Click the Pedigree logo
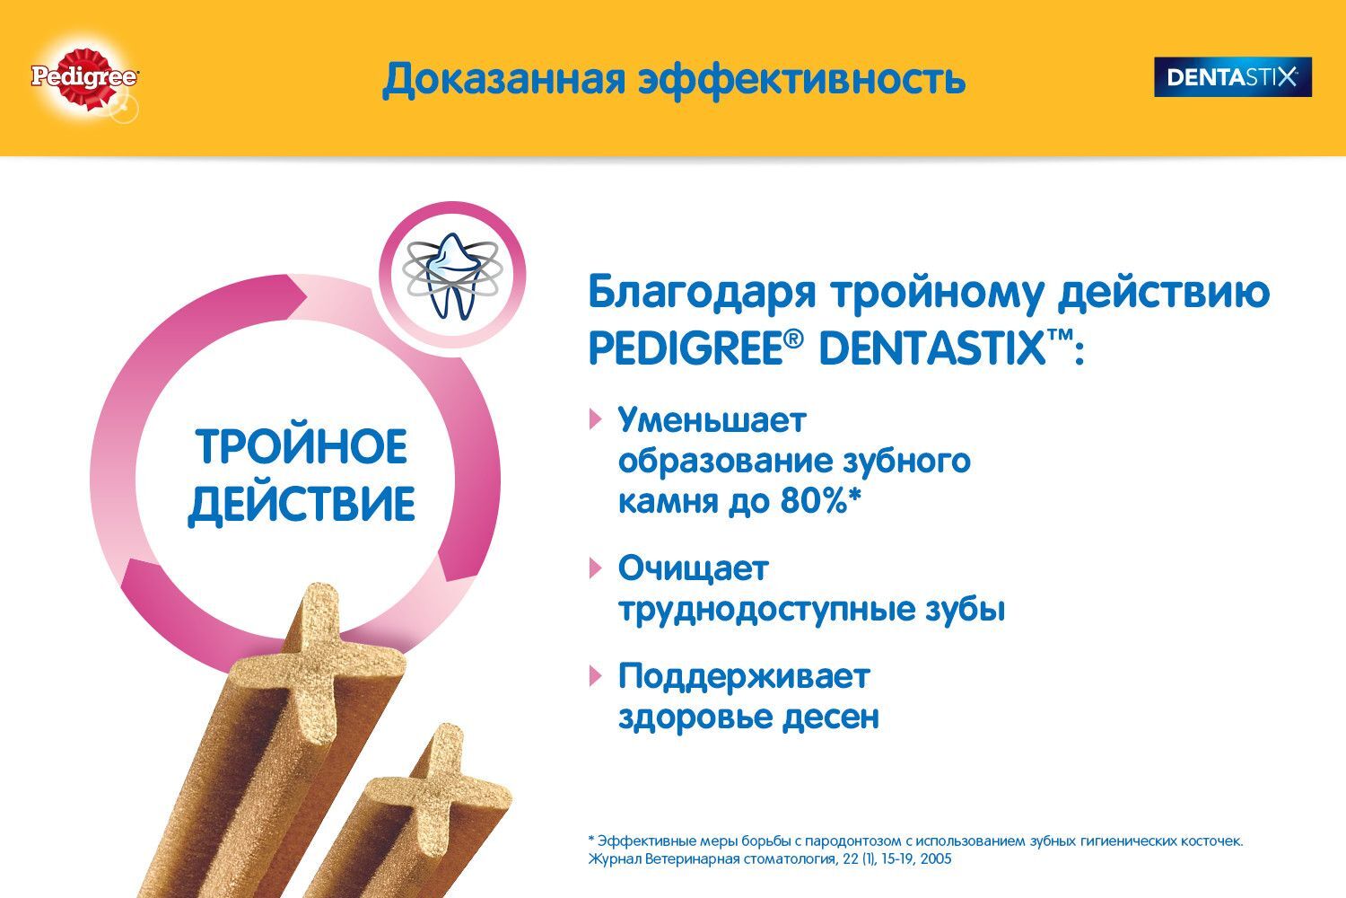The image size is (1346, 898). pos(84,78)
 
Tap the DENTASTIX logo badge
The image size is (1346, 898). pos(1232,77)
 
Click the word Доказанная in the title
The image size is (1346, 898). pos(503,80)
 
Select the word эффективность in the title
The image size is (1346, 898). pos(801,80)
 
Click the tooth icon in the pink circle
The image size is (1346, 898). pos(452,276)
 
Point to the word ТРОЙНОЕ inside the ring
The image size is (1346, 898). pos(302,445)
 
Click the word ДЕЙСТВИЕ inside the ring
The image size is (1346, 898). pos(301,504)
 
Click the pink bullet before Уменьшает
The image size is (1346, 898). pos(596,418)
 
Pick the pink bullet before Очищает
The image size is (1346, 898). pos(596,568)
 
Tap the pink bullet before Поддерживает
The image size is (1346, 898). pos(596,676)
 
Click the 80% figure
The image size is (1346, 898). pos(814,500)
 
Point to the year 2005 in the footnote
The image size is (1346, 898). pos(935,858)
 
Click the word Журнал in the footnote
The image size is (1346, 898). pos(614,859)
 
